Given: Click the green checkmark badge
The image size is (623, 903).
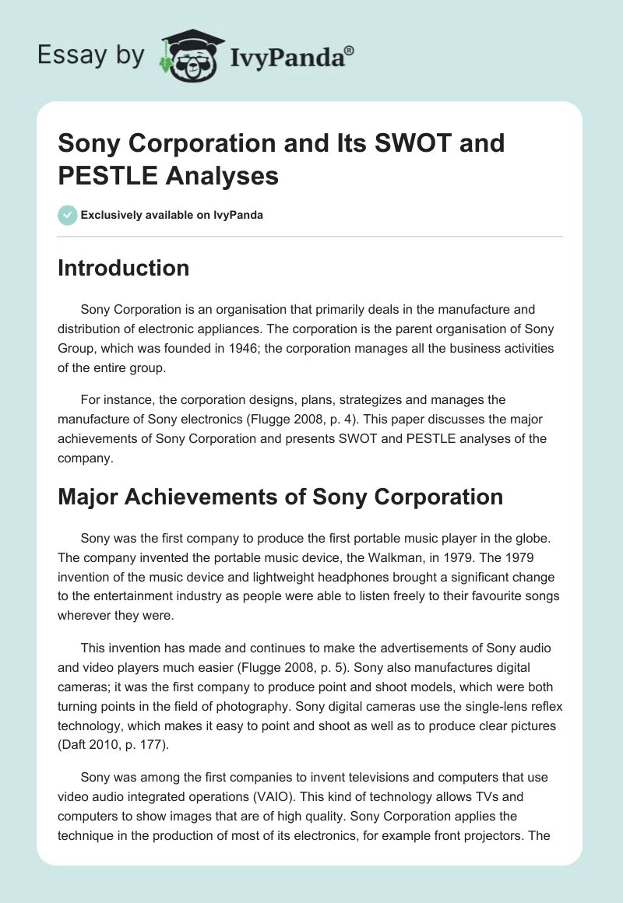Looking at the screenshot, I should pos(67,215).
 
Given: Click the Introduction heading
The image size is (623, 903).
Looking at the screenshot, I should pos(123,268).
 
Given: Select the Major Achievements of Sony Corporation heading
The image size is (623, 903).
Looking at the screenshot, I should pos(280,496).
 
